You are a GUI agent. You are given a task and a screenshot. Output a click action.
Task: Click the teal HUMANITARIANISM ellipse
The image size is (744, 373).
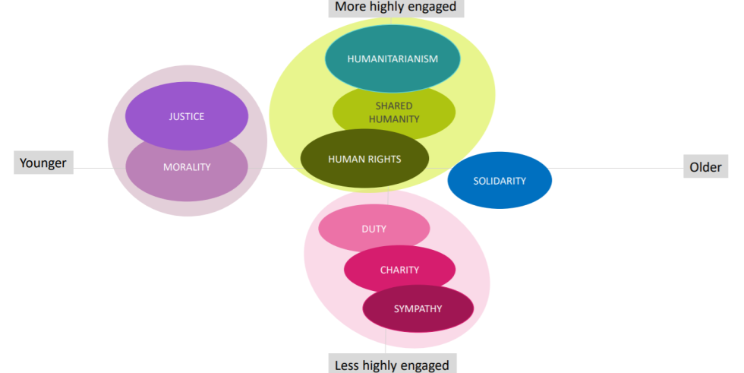pyautogui.click(x=392, y=58)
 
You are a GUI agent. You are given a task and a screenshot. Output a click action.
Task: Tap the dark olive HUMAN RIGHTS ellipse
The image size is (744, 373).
pyautogui.click(x=364, y=160)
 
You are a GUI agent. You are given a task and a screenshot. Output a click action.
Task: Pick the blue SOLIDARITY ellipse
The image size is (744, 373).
pyautogui.click(x=500, y=181)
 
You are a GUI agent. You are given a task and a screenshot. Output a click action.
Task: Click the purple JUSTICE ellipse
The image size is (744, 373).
pyautogui.click(x=186, y=116)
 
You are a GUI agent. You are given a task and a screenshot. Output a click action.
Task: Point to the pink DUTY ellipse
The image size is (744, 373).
pyautogui.click(x=374, y=229)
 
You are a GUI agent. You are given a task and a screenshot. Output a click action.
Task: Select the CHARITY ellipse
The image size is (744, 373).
pyautogui.click(x=399, y=270)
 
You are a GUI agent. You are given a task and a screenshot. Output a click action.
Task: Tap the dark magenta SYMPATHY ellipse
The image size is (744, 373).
pyautogui.click(x=418, y=308)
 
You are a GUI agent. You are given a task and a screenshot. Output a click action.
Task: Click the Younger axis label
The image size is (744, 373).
pyautogui.click(x=43, y=163)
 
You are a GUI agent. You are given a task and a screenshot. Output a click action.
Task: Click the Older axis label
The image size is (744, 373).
pyautogui.click(x=705, y=166)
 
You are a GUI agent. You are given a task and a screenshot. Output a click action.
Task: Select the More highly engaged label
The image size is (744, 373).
pyautogui.click(x=396, y=7)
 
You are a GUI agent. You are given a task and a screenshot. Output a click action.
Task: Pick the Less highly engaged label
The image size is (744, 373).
pyautogui.click(x=392, y=365)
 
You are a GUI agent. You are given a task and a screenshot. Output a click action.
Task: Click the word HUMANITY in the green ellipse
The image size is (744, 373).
pyautogui.click(x=394, y=119)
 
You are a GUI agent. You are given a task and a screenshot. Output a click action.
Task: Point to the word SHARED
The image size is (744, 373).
pyautogui.click(x=393, y=106)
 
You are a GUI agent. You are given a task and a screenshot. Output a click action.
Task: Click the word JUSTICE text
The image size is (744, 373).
pyautogui.click(x=186, y=116)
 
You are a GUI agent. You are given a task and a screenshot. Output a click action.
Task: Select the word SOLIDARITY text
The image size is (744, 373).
pyautogui.click(x=500, y=181)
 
